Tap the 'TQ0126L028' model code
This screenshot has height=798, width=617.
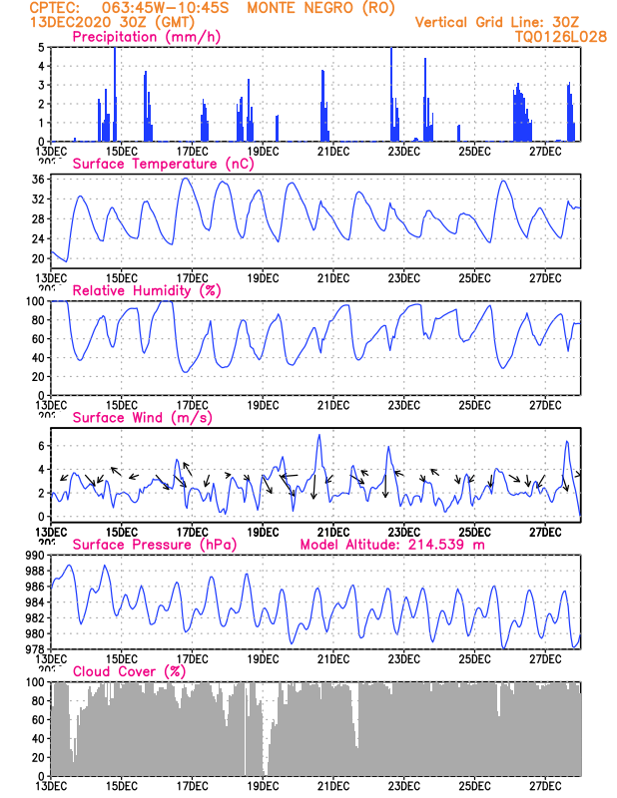click(x=547, y=36)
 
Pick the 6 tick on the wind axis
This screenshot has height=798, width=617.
click(x=41, y=445)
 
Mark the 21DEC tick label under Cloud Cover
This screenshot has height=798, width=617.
click(x=332, y=785)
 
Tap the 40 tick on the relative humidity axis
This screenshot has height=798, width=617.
click(x=38, y=358)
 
